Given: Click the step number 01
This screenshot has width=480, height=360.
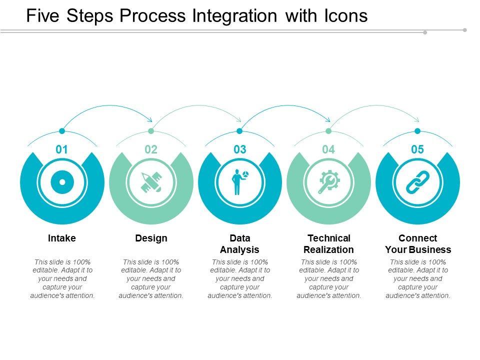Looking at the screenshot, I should (x=62, y=149).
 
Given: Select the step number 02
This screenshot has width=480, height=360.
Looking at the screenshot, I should (x=151, y=149).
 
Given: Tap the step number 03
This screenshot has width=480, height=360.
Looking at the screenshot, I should (x=240, y=149).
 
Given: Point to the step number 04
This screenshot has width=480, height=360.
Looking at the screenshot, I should (x=328, y=149).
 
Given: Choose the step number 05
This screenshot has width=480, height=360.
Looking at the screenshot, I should (x=417, y=149).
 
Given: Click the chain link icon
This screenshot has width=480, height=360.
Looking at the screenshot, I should (x=417, y=182).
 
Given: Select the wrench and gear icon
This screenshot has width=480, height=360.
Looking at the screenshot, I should (x=328, y=182).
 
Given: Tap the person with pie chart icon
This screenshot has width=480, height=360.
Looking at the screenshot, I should (x=239, y=182).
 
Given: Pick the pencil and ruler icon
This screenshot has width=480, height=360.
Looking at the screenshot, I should (x=151, y=182).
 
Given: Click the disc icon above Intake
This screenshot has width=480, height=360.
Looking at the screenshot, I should (x=62, y=182).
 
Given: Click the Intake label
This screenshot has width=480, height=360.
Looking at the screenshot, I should (x=62, y=238).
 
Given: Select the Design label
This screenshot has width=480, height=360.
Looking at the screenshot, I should (x=151, y=238).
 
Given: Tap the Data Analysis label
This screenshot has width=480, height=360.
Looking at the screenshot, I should (x=240, y=243).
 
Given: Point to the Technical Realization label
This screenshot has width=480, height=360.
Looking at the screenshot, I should (x=329, y=243).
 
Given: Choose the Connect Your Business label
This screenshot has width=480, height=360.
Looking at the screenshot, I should (x=418, y=243).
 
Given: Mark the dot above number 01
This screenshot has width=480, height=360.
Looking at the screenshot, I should (x=62, y=131).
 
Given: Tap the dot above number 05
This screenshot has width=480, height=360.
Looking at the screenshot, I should (x=417, y=131).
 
